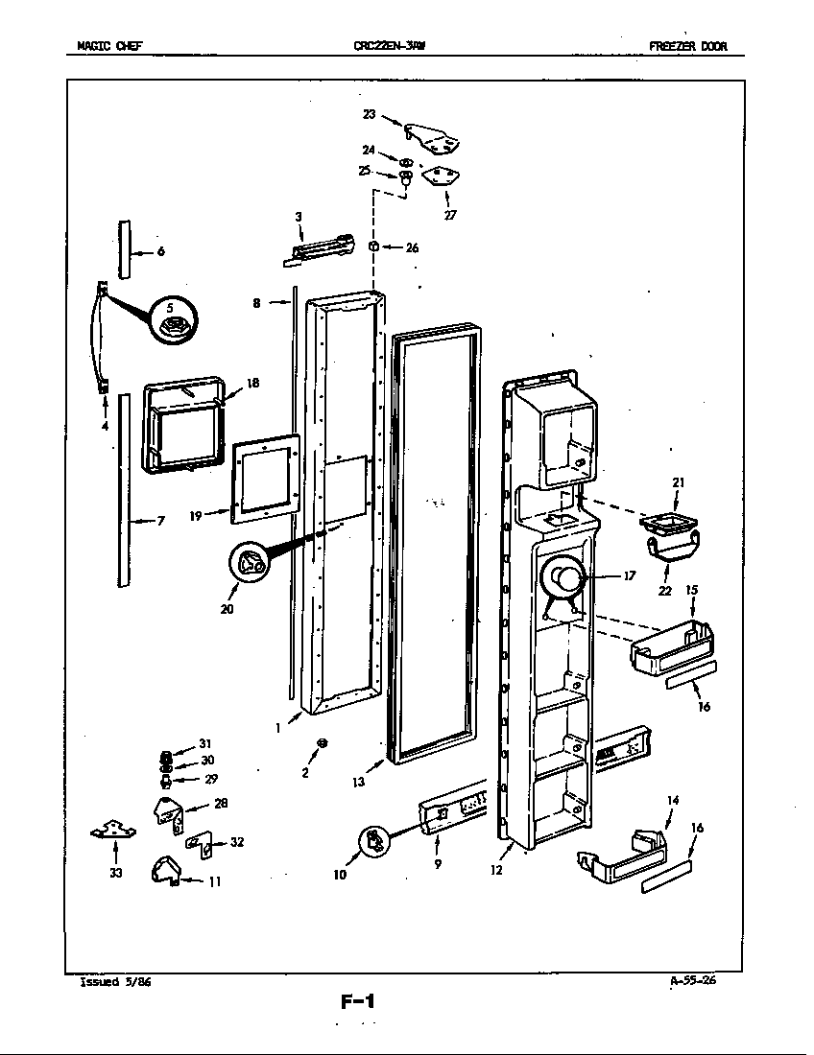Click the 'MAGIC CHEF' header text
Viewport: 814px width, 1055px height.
[110, 46]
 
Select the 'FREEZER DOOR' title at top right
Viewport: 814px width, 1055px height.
[687, 46]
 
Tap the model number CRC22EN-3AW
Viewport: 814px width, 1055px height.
[390, 46]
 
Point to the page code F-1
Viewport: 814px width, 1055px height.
[357, 1003]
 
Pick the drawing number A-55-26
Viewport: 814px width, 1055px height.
[693, 980]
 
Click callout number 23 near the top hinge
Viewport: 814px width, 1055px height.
[369, 114]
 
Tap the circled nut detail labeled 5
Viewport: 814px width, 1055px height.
[173, 324]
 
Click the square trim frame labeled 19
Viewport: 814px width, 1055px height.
[266, 478]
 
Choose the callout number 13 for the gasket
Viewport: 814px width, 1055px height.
[357, 783]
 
